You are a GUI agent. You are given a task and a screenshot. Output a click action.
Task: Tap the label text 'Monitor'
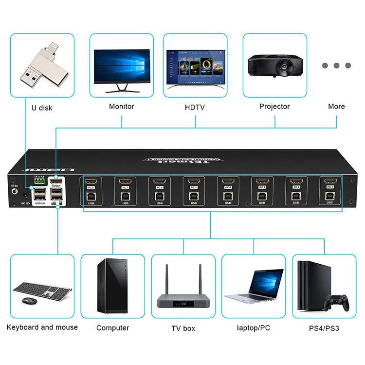pos(121,107)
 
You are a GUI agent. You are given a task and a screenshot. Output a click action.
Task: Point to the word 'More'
pos(336,107)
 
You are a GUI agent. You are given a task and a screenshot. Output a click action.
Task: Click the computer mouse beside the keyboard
pos(29,301)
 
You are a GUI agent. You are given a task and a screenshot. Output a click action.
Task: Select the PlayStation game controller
pos(338,302)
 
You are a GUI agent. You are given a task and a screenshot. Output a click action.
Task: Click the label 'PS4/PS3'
pos(324,328)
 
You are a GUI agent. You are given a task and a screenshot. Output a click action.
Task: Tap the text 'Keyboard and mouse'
pos(42,327)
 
